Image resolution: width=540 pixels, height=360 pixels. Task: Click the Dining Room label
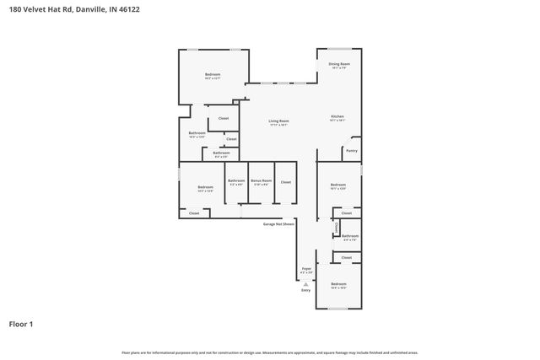339,64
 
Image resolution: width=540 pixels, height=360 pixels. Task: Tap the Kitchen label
337,116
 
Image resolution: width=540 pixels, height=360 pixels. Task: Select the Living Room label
278,121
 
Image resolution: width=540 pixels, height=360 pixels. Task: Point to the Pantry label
351,151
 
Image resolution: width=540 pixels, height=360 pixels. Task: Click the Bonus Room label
261,180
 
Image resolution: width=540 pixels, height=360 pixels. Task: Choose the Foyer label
306,269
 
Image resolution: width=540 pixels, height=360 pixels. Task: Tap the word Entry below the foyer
305,289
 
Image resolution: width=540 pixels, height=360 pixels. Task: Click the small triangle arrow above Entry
305,284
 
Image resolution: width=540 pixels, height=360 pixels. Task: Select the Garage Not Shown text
278,224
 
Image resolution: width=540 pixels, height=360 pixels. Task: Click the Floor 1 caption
21,324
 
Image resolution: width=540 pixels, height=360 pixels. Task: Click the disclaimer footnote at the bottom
269,352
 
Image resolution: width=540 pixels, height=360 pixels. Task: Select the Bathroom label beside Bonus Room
236,180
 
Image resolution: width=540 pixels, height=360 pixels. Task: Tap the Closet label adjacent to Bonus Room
285,181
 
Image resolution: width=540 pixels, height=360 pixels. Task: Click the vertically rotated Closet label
336,228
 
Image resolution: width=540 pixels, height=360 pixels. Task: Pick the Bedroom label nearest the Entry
338,284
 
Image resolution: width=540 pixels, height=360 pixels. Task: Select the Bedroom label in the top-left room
213,75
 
